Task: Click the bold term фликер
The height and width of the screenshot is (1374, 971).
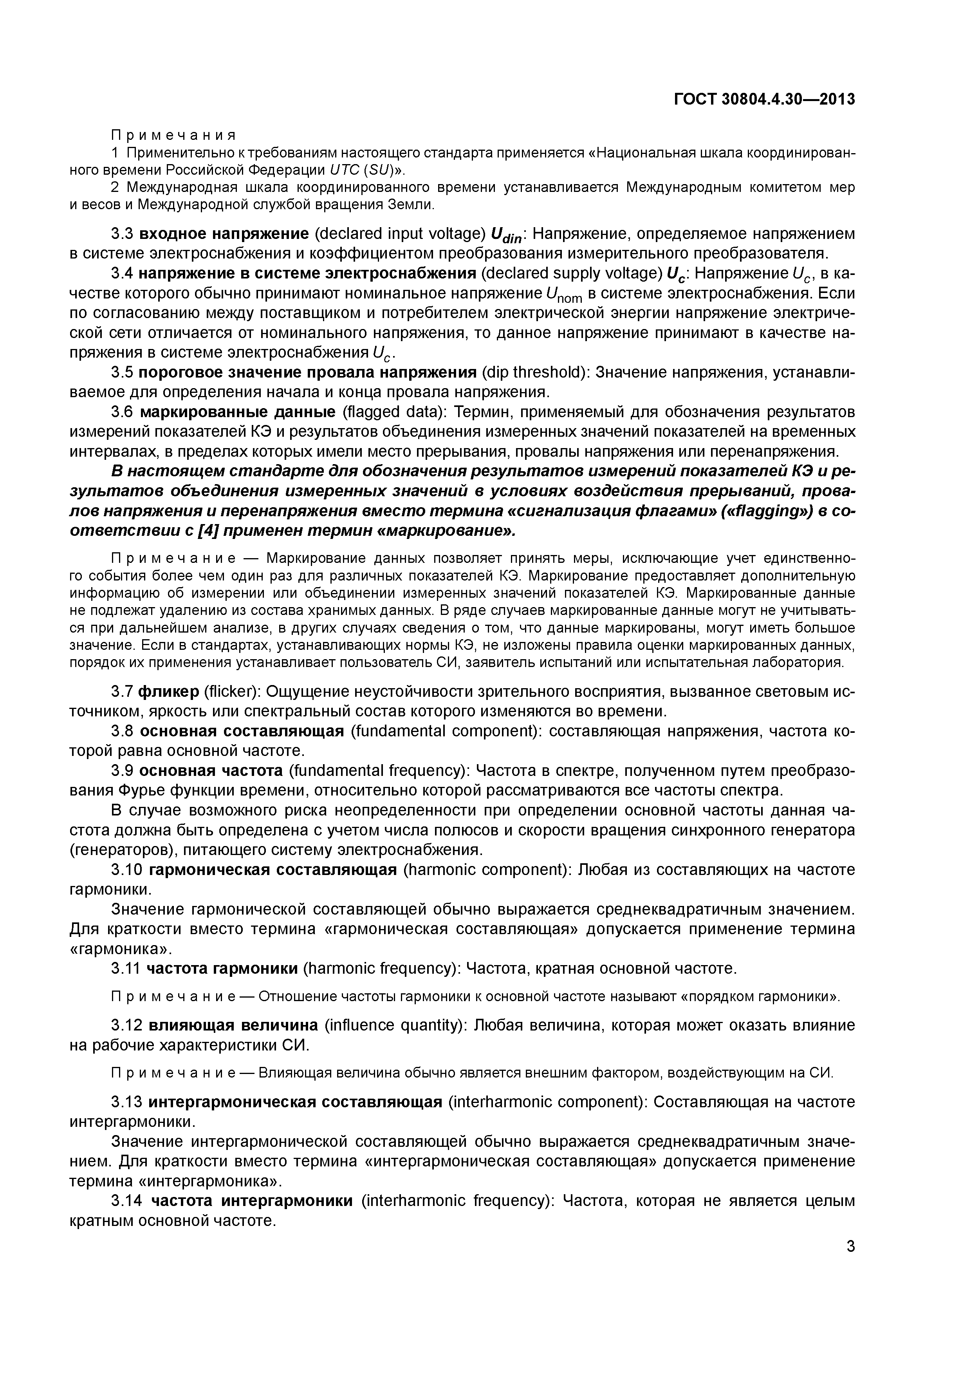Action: [169, 692]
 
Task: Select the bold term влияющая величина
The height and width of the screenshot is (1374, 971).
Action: [233, 1025]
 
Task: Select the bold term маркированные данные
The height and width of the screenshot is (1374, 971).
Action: [238, 412]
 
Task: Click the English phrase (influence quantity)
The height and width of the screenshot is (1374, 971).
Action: [395, 1025]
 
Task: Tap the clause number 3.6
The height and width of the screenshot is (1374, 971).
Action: [123, 412]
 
